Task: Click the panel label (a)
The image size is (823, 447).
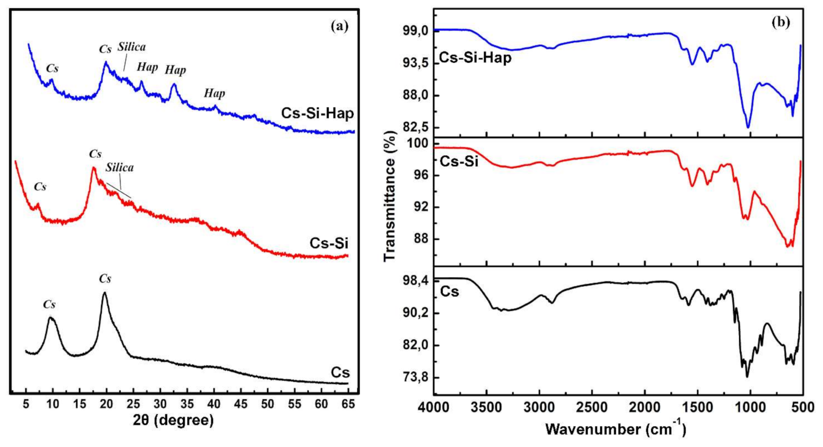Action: tap(339, 25)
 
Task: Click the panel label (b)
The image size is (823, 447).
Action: tap(780, 23)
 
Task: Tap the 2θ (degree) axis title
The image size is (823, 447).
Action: tap(173, 420)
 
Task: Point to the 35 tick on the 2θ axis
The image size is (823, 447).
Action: tap(187, 404)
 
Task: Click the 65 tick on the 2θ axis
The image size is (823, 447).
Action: tap(348, 404)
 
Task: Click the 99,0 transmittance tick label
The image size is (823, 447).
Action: tap(414, 31)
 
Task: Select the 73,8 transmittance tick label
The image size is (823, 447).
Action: tap(414, 377)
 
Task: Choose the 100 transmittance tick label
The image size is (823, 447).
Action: tap(417, 143)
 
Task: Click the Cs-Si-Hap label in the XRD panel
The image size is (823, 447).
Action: tap(317, 113)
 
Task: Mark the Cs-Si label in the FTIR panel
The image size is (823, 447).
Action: tap(459, 161)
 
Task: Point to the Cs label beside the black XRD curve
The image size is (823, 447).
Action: tap(340, 373)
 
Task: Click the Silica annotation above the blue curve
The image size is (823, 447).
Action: tap(131, 47)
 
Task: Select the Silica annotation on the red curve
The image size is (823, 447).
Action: tap(120, 168)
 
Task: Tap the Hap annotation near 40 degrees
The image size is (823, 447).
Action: tap(214, 94)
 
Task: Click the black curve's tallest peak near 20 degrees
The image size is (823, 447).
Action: tap(104, 293)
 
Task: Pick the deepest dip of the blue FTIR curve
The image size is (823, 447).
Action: tap(748, 127)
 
